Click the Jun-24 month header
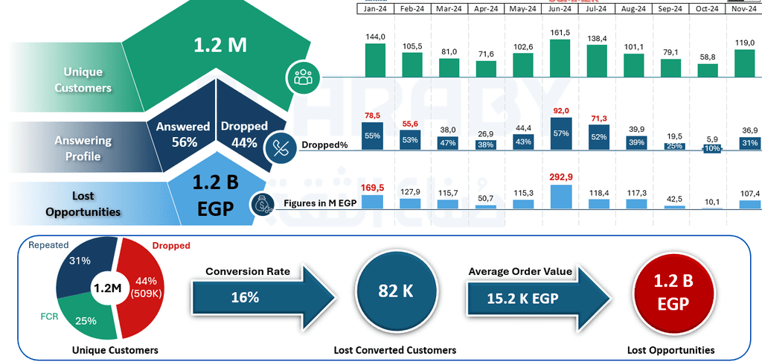click(560, 9)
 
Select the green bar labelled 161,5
click(560, 58)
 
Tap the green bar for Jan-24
click(375, 60)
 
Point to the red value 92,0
click(560, 110)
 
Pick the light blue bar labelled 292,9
click(560, 196)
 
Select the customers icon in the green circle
click(302, 76)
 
